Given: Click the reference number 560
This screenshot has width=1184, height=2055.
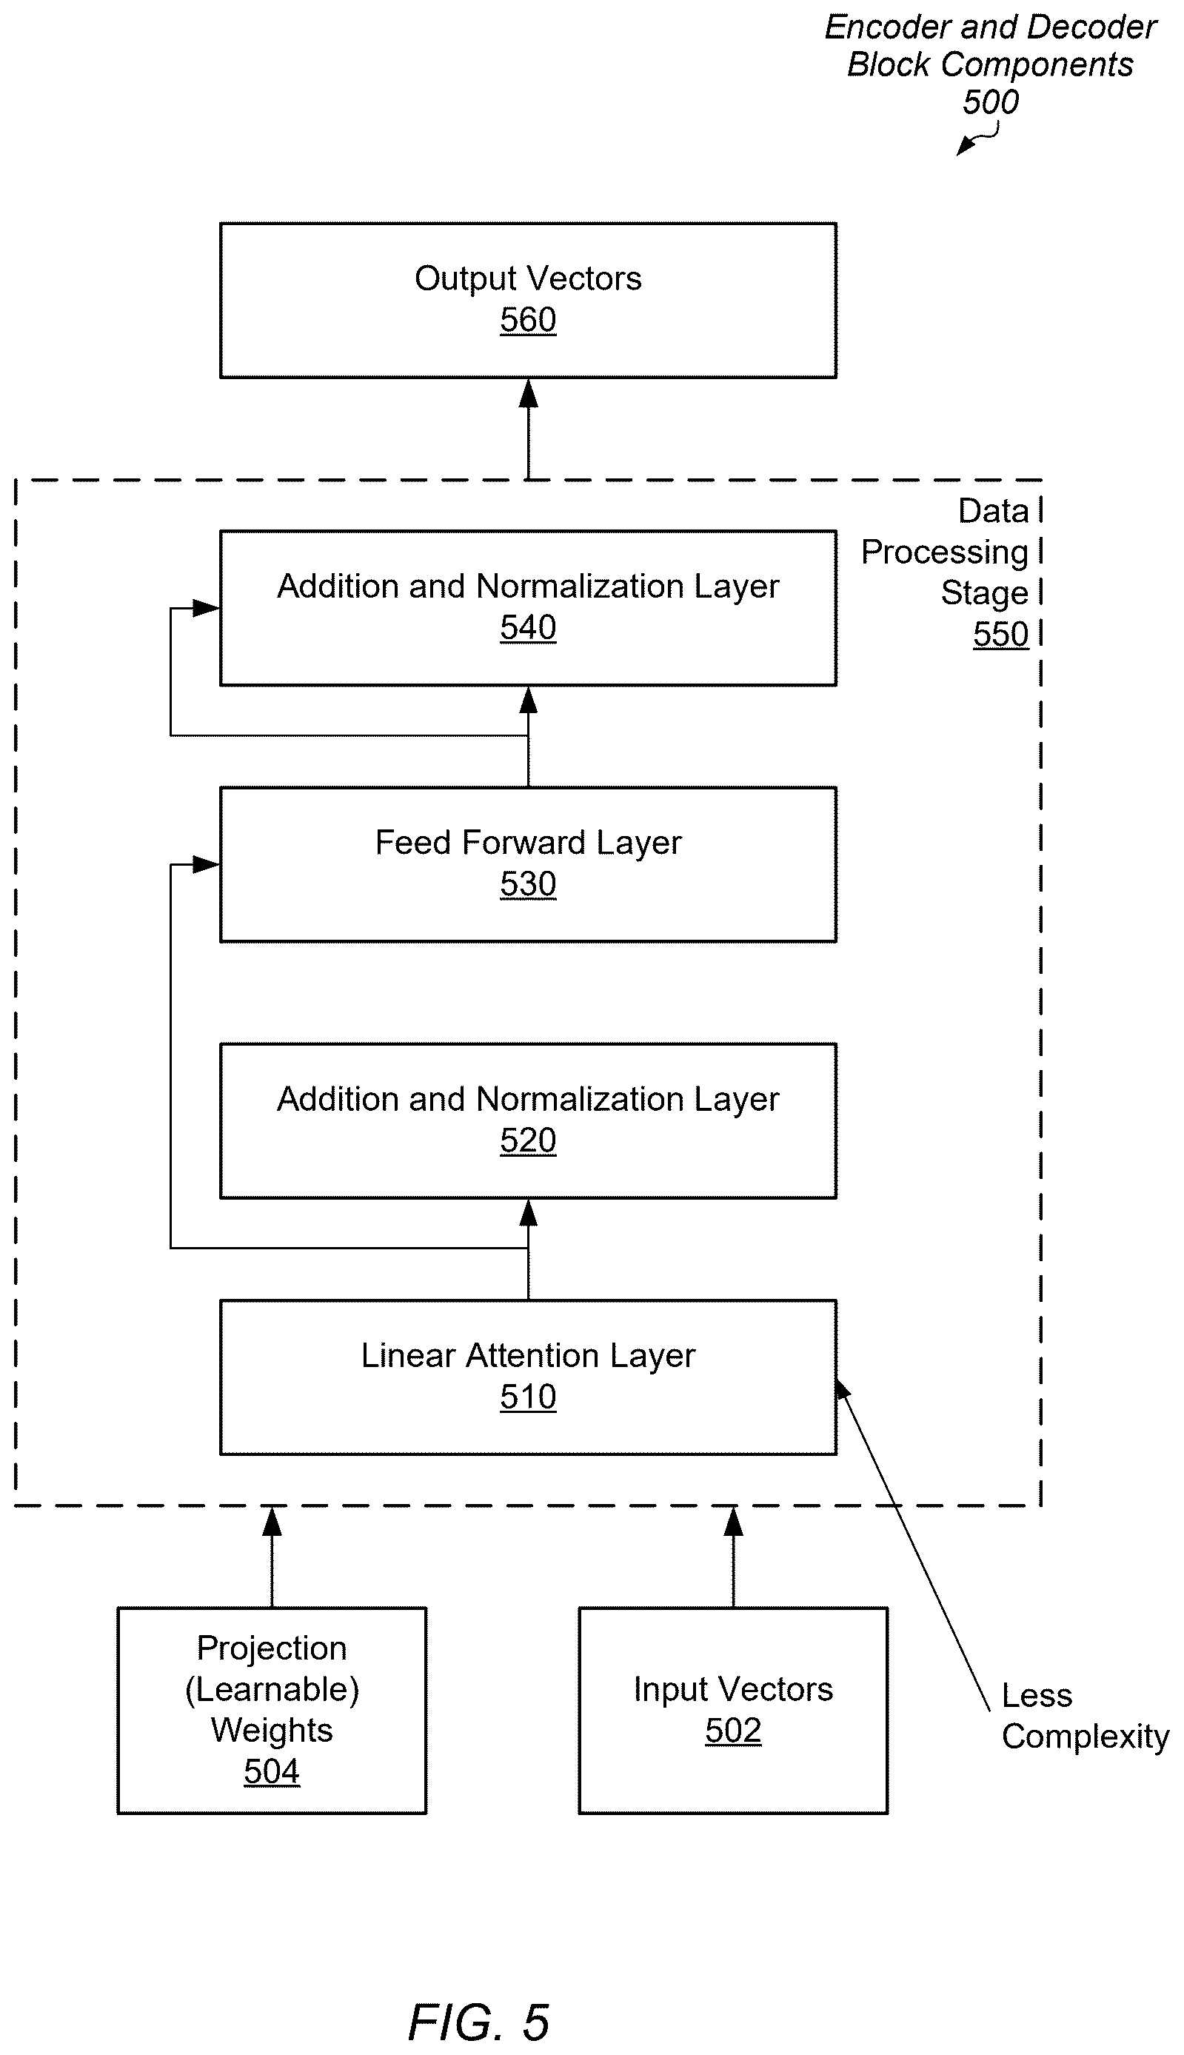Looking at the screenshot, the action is click(x=528, y=320).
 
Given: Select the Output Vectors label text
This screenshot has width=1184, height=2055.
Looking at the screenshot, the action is click(x=528, y=278).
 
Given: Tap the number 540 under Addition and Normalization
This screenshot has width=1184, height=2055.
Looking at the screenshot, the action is click(x=528, y=627).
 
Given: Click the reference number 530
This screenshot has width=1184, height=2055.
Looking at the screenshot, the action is click(x=528, y=884).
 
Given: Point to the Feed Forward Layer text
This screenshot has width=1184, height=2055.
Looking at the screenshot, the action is click(x=528, y=843).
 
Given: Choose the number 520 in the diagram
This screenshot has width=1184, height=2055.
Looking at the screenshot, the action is click(x=528, y=1140).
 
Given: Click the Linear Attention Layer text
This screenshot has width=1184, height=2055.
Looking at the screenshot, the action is click(x=528, y=1357).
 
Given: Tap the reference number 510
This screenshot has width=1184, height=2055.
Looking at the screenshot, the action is click(x=528, y=1397).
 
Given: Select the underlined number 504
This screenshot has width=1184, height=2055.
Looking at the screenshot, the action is click(x=272, y=1771).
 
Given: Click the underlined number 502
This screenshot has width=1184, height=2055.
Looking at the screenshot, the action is click(x=732, y=1731).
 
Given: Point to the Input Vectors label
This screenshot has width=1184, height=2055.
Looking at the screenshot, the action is click(x=732, y=1690).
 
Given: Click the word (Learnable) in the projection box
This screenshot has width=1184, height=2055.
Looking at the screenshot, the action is click(x=272, y=1690).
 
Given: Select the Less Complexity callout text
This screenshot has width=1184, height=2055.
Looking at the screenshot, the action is click(x=1085, y=1716).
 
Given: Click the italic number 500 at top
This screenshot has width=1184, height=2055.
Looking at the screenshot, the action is click(x=991, y=101).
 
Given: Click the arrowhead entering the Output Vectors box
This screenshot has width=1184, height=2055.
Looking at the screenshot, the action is click(x=528, y=393).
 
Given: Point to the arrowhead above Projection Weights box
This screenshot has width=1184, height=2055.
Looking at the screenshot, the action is click(x=272, y=1521).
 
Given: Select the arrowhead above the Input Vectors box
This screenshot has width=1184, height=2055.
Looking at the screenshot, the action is click(x=732, y=1521).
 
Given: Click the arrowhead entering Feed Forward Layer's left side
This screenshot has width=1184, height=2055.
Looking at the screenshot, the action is click(x=206, y=864).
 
